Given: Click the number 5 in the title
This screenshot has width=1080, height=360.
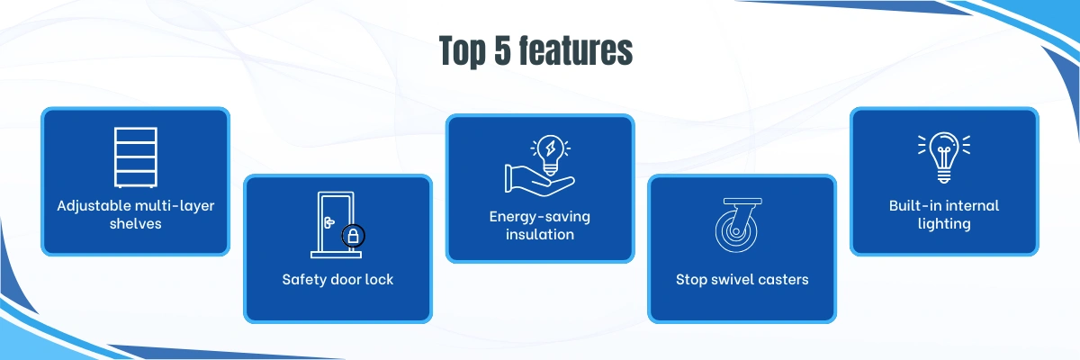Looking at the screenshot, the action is pyautogui.click(x=502, y=50).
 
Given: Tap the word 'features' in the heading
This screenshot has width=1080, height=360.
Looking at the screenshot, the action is pyautogui.click(x=576, y=50).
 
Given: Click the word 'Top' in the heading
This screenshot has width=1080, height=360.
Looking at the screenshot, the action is pyautogui.click(x=463, y=51).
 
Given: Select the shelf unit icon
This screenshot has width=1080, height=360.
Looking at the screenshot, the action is pyautogui.click(x=136, y=157).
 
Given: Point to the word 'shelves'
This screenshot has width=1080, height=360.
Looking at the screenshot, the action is pyautogui.click(x=136, y=223).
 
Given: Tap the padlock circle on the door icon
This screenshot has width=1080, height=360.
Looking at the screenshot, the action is pyautogui.click(x=354, y=236).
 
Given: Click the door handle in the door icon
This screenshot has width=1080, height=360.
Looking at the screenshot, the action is pyautogui.click(x=329, y=222).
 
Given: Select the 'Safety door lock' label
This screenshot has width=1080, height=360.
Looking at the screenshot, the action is pyautogui.click(x=337, y=280).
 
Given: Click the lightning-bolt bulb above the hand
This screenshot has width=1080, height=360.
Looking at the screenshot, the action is pyautogui.click(x=551, y=154).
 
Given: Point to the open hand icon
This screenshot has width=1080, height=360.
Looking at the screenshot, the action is pyautogui.click(x=539, y=181).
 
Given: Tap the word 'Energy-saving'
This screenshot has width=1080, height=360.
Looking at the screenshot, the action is pyautogui.click(x=539, y=217).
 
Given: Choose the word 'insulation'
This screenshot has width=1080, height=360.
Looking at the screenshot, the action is pyautogui.click(x=540, y=235).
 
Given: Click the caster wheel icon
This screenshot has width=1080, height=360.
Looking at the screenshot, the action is pyautogui.click(x=738, y=225).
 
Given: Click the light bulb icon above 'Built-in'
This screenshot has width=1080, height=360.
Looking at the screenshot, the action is pyautogui.click(x=944, y=157).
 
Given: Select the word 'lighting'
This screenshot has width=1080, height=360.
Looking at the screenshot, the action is pyautogui.click(x=944, y=224).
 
